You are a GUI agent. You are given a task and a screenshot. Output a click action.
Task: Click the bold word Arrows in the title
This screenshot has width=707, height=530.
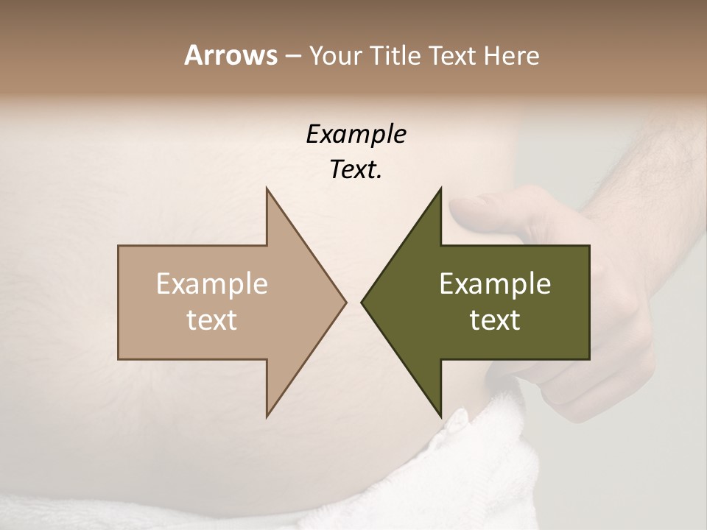(231, 55)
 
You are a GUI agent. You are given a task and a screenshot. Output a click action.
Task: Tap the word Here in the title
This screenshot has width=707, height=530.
(512, 55)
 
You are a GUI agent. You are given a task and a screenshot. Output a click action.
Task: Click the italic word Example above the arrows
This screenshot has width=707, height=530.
(356, 134)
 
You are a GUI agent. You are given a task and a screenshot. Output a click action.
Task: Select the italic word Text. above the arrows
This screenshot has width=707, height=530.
(356, 169)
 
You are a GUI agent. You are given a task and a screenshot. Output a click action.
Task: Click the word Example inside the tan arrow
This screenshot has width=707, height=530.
(211, 284)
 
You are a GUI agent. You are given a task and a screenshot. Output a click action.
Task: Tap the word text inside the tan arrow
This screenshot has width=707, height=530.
(211, 319)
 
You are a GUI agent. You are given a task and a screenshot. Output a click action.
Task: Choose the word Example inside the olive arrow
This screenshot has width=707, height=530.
(495, 284)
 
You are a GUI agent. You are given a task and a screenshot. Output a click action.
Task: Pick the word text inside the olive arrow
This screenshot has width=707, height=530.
(495, 319)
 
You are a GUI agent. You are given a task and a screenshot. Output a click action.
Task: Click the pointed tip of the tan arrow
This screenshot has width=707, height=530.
(345, 302)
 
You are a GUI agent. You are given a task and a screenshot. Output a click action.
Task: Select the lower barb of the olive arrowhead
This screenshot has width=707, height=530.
(440, 414)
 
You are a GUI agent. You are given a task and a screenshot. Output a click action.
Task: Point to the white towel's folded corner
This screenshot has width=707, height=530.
(458, 423)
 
